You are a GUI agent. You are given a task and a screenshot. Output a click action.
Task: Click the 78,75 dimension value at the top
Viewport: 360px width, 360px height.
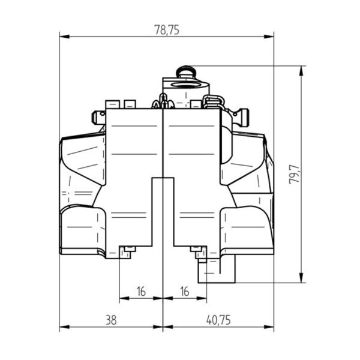pos(167,30)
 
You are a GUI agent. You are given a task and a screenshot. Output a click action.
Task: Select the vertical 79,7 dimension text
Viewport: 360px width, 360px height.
pos(295,174)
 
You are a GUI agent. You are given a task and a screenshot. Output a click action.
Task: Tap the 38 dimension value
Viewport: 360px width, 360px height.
pos(111,320)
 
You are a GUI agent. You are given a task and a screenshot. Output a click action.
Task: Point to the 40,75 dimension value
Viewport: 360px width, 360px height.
pos(218,320)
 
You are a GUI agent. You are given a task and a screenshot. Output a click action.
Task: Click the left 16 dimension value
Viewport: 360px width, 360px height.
pos(141,292)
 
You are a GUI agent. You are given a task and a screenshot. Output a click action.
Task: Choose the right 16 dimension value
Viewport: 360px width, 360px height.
pos(185,292)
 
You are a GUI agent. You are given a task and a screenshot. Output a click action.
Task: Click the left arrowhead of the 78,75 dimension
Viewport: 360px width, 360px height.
pos(65,37)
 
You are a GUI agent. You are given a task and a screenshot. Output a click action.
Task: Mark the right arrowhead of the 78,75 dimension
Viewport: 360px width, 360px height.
pos(269,37)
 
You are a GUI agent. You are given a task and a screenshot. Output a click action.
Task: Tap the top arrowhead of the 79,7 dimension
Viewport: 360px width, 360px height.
pos(301,71)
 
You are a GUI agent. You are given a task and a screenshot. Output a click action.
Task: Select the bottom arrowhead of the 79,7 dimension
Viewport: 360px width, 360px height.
pos(301,278)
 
